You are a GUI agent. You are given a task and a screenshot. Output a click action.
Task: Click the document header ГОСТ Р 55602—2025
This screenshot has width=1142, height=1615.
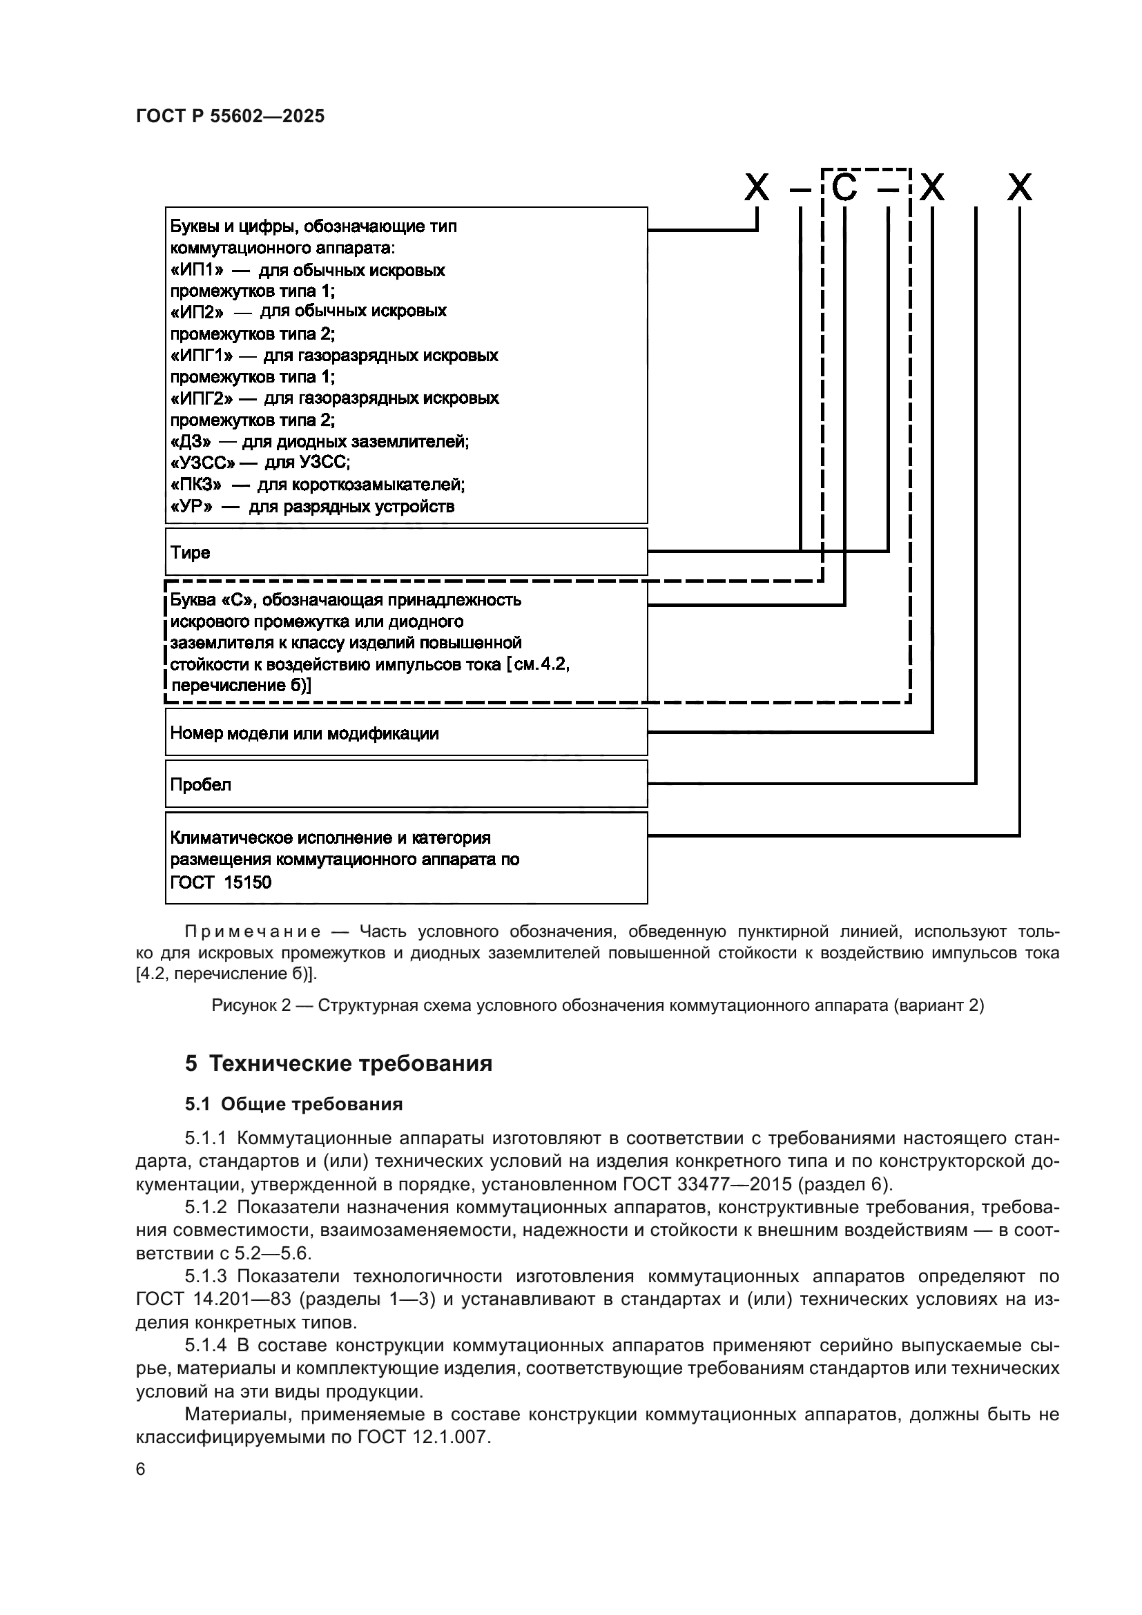tap(230, 117)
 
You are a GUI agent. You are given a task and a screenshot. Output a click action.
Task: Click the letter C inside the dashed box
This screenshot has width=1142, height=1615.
tap(844, 188)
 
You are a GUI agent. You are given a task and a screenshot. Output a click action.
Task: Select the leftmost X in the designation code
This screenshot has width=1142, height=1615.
tap(757, 188)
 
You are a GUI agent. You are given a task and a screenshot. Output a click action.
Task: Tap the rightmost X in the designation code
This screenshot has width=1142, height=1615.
tap(1019, 188)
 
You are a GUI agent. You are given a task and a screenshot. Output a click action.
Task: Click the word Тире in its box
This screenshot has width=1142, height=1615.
tap(190, 552)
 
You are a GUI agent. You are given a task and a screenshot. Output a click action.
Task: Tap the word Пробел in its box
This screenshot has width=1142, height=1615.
tap(200, 784)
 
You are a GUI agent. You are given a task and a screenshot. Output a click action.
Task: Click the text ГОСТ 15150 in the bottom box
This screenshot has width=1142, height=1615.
tap(221, 882)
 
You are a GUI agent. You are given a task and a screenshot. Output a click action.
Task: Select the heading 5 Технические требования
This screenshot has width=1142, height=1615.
tap(338, 1063)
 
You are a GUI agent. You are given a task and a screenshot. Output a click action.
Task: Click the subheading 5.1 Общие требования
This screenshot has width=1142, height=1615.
tap(294, 1104)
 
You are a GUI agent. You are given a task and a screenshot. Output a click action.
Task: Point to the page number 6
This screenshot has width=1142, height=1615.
tap(141, 1469)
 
